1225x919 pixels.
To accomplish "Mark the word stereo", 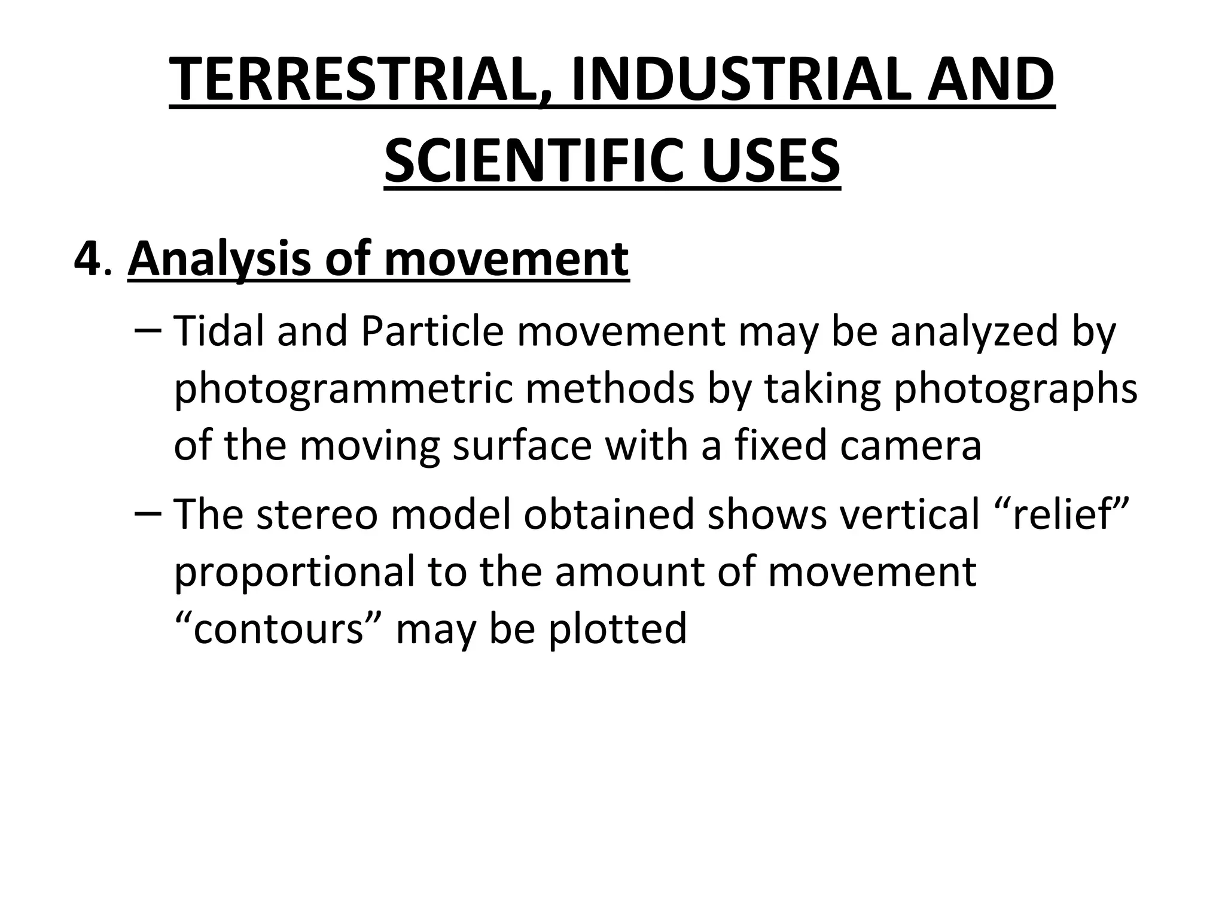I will click(x=317, y=515).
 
